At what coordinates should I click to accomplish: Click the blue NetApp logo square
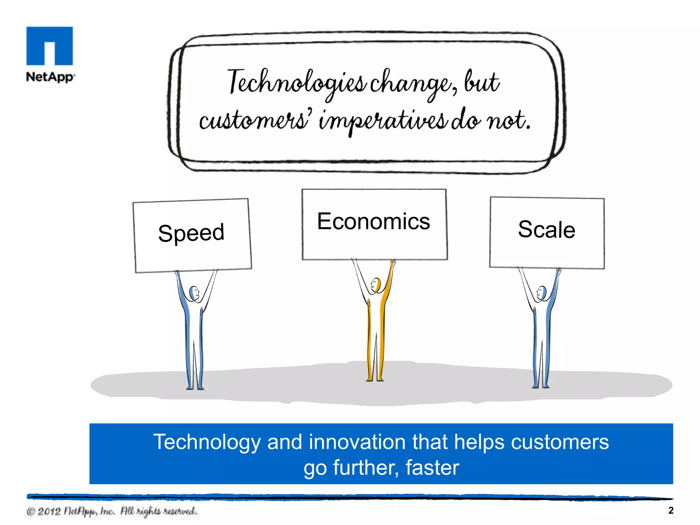point(50,45)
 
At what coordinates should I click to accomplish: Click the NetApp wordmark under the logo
point(50,77)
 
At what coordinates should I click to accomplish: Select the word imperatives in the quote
point(383,121)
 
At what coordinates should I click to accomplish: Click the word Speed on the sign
point(191,233)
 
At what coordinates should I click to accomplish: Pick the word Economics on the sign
point(374,221)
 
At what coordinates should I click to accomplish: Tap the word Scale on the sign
point(547,229)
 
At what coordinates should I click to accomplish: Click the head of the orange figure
point(376,284)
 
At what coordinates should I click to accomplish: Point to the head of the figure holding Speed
point(194,293)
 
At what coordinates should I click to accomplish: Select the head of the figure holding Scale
point(542,293)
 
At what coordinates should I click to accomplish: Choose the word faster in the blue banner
point(432,468)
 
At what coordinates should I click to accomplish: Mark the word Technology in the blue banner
point(207,442)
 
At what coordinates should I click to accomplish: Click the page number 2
point(671,510)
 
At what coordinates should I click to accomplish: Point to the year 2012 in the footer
point(49,511)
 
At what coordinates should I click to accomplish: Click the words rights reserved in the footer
point(166,511)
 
